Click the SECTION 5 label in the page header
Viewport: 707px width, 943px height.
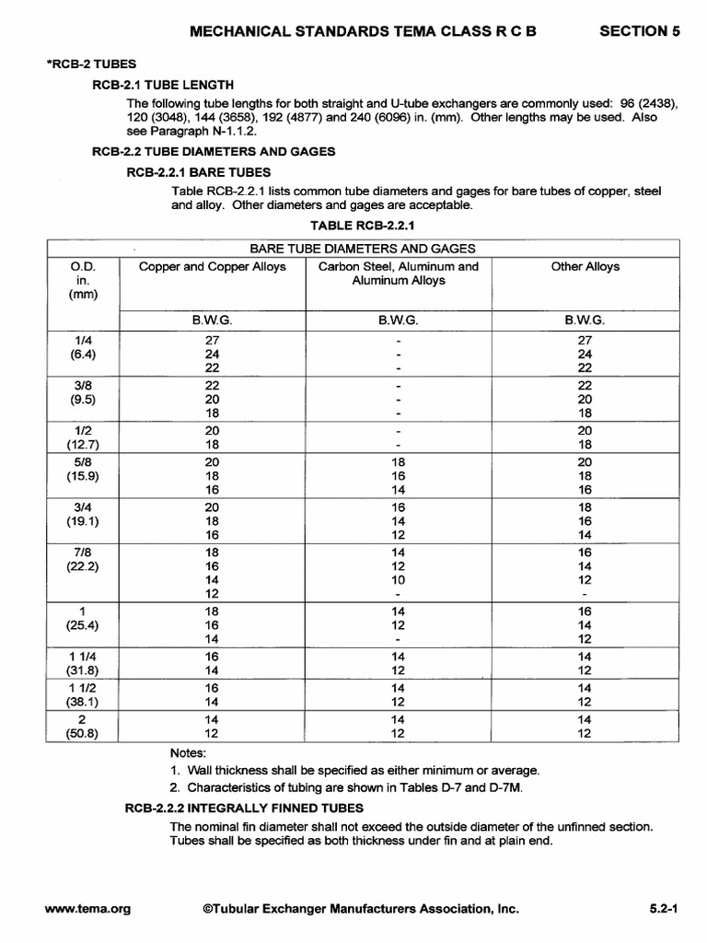click(x=640, y=30)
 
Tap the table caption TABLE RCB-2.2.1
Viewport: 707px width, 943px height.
click(x=363, y=224)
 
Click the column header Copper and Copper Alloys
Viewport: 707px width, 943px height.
click(x=213, y=267)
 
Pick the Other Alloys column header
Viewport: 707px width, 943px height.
click(x=585, y=267)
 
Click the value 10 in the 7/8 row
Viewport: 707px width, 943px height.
click(x=398, y=580)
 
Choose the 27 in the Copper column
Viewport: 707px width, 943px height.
click(x=213, y=340)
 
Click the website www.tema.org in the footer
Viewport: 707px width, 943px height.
click(x=87, y=909)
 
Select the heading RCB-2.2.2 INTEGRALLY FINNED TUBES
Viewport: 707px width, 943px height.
click(x=244, y=808)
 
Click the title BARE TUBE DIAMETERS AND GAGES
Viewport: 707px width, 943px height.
click(x=363, y=248)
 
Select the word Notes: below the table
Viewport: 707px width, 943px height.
click(x=189, y=751)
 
